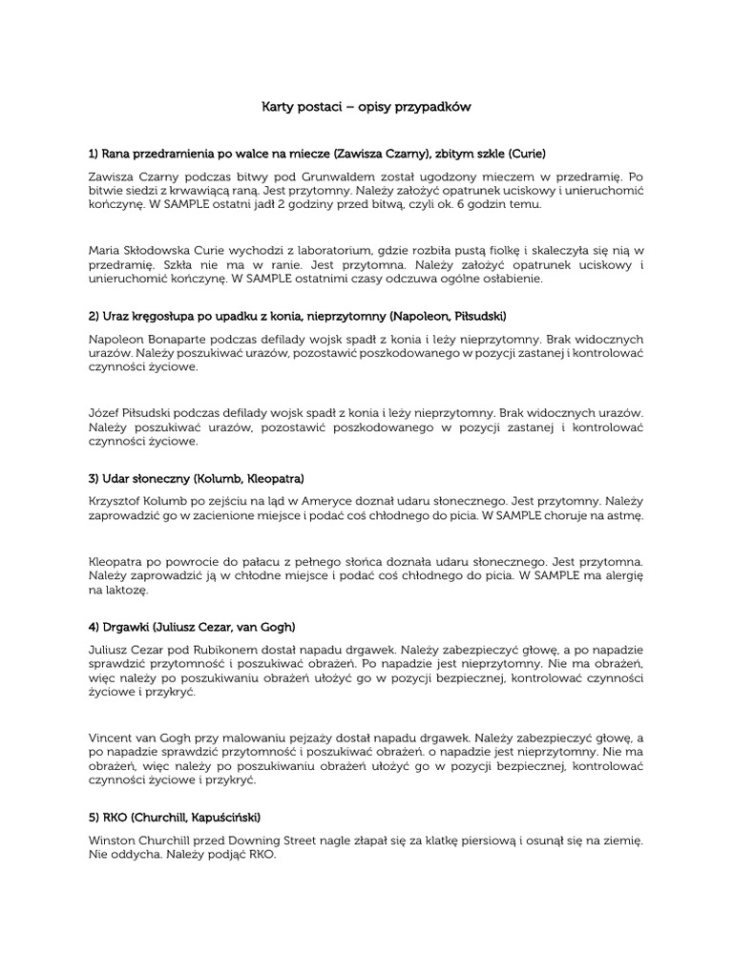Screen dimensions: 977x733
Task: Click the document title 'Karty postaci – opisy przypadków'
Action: tap(366, 108)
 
